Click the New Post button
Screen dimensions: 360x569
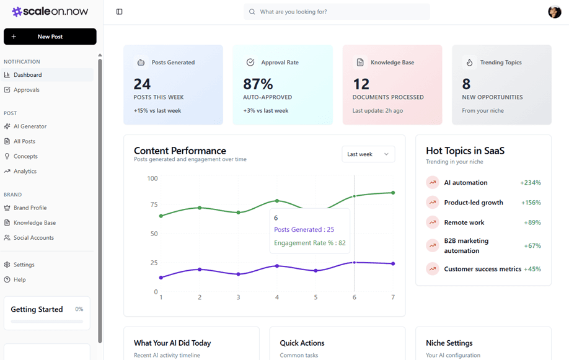[50, 37]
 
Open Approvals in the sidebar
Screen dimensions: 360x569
[26, 90]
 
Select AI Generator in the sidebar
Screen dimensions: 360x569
[30, 126]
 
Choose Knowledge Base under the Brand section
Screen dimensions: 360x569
[34, 223]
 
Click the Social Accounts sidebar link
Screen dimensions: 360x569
[33, 238]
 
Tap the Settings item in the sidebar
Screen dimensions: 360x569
[24, 265]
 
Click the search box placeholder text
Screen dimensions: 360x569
[293, 12]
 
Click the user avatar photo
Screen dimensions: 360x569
[554, 12]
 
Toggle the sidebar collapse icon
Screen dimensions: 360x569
[120, 12]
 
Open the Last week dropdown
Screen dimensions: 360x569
[368, 154]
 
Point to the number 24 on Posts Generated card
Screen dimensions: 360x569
[142, 84]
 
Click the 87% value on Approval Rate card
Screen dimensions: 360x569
[258, 84]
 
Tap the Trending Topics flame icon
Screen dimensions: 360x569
[469, 63]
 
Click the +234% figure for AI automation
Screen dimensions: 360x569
[530, 183]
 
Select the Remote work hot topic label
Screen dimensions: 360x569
[464, 222]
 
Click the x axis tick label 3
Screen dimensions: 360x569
[238, 297]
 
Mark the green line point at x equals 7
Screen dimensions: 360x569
[393, 193]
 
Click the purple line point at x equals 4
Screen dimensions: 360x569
[277, 266]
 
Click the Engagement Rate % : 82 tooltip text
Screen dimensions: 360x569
[309, 243]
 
